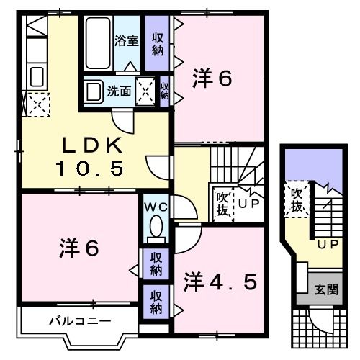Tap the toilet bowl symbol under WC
pyautogui.click(x=154, y=229)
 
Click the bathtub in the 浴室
pyautogui.click(x=98, y=43)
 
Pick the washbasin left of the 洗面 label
pyautogui.click(x=93, y=91)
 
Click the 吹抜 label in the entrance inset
pyautogui.click(x=295, y=200)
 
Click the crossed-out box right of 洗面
pyautogui.click(x=145, y=91)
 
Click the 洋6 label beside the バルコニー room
pyautogui.click(x=78, y=248)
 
